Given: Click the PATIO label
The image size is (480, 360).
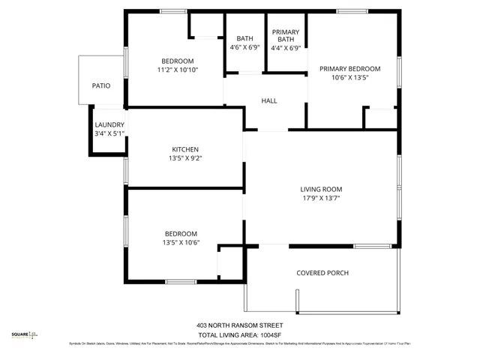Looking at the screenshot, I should pyautogui.click(x=101, y=86).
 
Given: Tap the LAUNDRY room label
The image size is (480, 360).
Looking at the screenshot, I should pyautogui.click(x=109, y=125).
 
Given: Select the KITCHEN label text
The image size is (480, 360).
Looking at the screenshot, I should pyautogui.click(x=185, y=149).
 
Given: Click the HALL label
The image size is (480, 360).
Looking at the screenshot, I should pyautogui.click(x=269, y=101).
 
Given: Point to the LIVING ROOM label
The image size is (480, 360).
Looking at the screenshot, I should pyautogui.click(x=321, y=190).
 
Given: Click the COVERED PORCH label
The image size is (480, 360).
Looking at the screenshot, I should pyautogui.click(x=322, y=273).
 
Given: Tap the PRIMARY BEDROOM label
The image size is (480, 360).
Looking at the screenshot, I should pyautogui.click(x=349, y=69).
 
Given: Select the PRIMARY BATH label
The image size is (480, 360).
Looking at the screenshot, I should pyautogui.click(x=286, y=35).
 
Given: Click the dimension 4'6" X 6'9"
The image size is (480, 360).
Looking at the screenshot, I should pyautogui.click(x=244, y=48).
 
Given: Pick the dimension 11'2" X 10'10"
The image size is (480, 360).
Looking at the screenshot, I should pyautogui.click(x=178, y=70).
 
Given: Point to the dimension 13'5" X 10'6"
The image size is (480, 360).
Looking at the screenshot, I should pyautogui.click(x=181, y=242).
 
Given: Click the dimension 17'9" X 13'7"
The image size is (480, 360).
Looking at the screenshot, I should pyautogui.click(x=321, y=199).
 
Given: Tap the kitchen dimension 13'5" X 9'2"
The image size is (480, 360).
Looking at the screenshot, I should pyautogui.click(x=185, y=158).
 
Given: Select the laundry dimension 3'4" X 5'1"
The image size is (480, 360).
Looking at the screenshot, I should pyautogui.click(x=109, y=133).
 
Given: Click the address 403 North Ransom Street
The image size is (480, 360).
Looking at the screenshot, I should pyautogui.click(x=240, y=325).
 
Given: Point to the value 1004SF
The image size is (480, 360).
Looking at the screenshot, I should pyautogui.click(x=269, y=334).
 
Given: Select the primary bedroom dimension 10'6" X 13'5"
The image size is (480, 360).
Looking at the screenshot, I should pyautogui.click(x=349, y=77).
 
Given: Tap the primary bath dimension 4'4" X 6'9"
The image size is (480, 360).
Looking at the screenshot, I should pyautogui.click(x=286, y=48).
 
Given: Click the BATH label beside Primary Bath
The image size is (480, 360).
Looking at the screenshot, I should pyautogui.click(x=244, y=39).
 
